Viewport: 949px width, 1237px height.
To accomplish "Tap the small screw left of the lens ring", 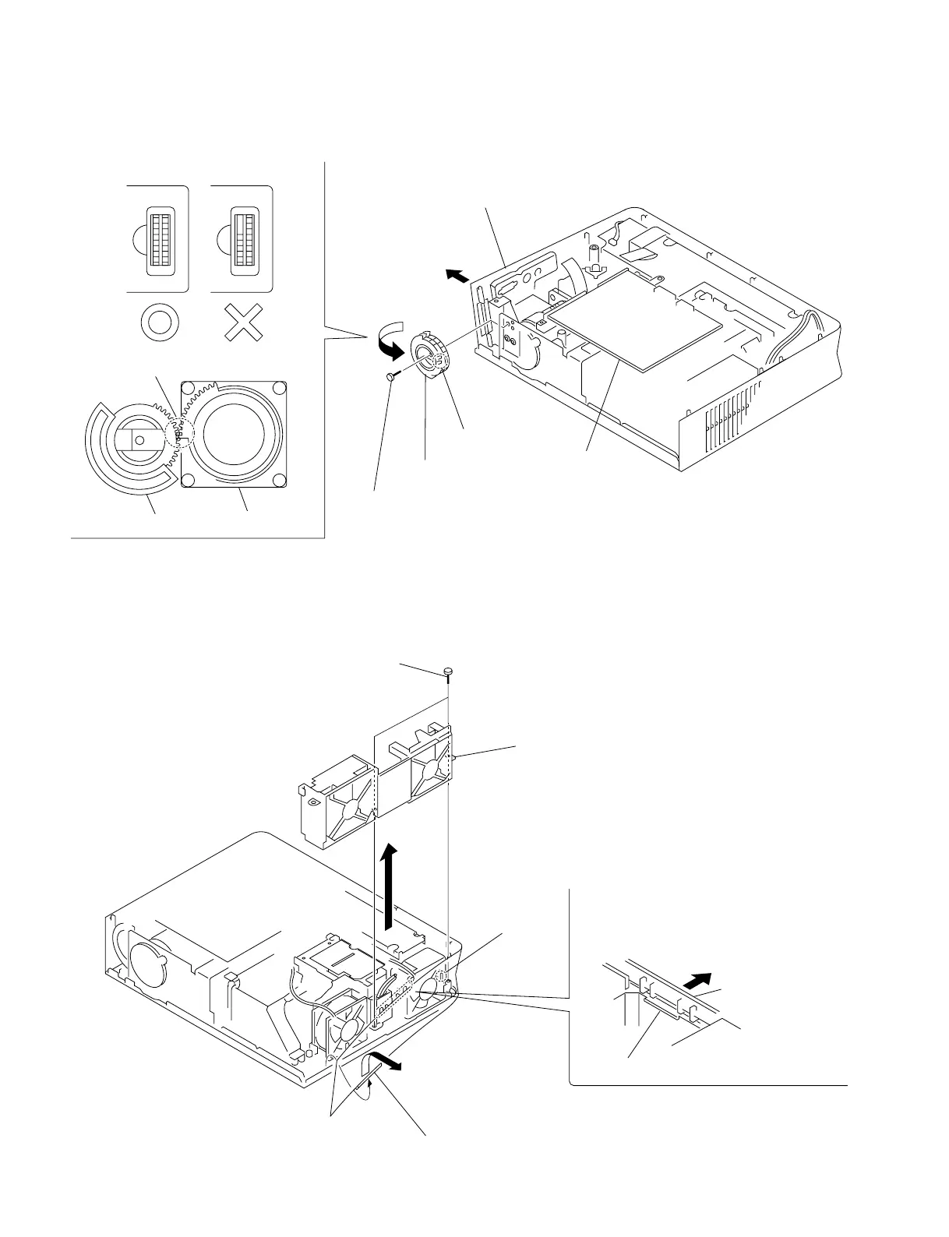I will tap(390, 377).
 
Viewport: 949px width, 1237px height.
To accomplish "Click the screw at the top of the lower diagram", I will tap(449, 670).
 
